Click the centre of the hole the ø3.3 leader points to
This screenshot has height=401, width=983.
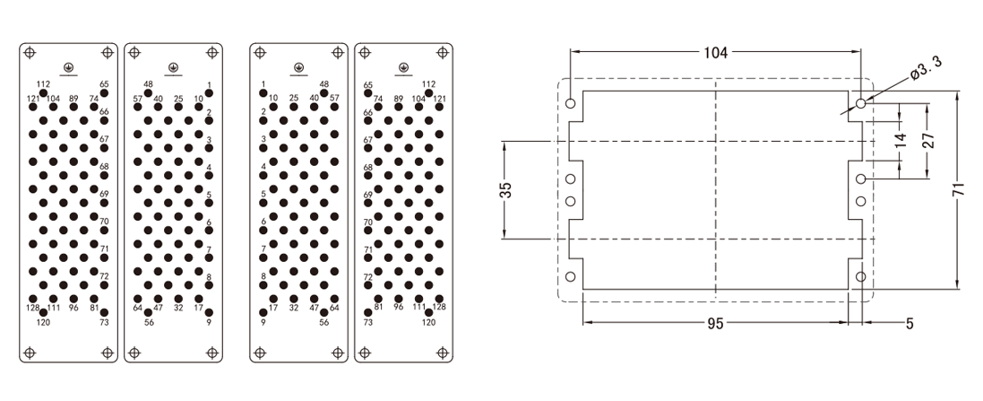click(x=861, y=103)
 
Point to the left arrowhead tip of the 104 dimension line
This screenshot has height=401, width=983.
click(x=570, y=53)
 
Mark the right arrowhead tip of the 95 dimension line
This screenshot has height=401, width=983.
click(x=848, y=323)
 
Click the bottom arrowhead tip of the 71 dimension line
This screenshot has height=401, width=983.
click(x=957, y=289)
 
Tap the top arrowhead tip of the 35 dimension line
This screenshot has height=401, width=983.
click(x=504, y=142)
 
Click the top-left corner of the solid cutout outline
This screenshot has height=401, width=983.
click(x=583, y=91)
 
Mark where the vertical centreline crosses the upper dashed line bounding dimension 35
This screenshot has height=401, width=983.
click(x=716, y=142)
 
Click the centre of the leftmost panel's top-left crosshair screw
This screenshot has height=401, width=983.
click(x=30, y=53)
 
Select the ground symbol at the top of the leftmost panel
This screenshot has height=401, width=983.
click(x=68, y=67)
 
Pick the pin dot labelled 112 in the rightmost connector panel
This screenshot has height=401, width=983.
click(x=429, y=93)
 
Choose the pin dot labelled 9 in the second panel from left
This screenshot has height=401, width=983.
click(x=209, y=312)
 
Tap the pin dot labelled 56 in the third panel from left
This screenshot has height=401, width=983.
click(x=324, y=312)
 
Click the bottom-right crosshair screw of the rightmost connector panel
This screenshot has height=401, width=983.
click(x=443, y=353)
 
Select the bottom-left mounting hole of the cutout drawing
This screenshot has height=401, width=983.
click(x=570, y=276)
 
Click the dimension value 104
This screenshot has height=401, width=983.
click(x=715, y=53)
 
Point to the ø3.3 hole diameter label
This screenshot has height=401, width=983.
click(x=927, y=69)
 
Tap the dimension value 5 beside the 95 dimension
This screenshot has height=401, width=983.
click(x=909, y=324)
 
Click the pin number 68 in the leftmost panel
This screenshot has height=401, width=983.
click(x=104, y=167)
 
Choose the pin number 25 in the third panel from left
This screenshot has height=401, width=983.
click(x=293, y=98)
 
